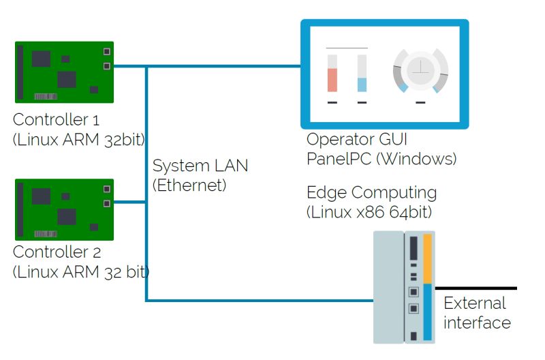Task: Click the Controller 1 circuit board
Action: coord(64,72)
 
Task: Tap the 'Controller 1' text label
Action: coord(57,121)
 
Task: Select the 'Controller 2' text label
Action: coord(57,252)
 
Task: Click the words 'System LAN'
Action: coord(200,166)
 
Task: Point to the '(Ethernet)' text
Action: coord(189,185)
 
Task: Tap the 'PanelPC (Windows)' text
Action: coord(381,160)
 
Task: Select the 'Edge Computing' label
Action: coord(371,192)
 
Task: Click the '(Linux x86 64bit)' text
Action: coord(369,212)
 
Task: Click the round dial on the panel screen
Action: coord(420,69)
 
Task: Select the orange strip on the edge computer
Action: coord(428,258)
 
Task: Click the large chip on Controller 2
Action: coord(66,217)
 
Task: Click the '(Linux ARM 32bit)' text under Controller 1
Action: coord(79,140)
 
